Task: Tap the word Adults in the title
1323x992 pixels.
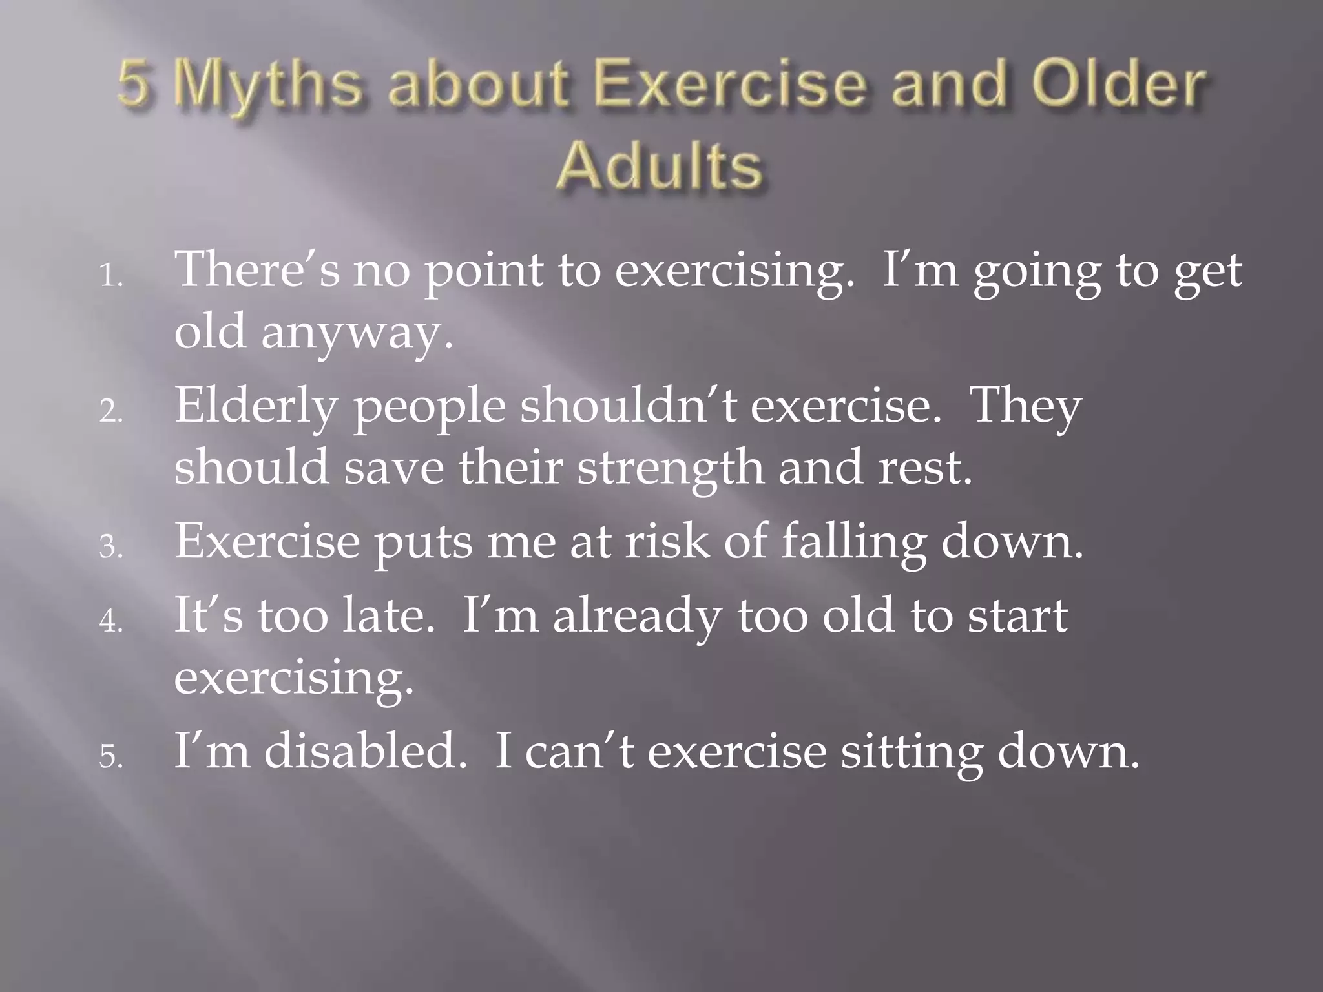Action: (660, 167)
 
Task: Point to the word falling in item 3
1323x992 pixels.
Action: (853, 542)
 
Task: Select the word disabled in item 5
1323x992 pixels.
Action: (364, 752)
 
